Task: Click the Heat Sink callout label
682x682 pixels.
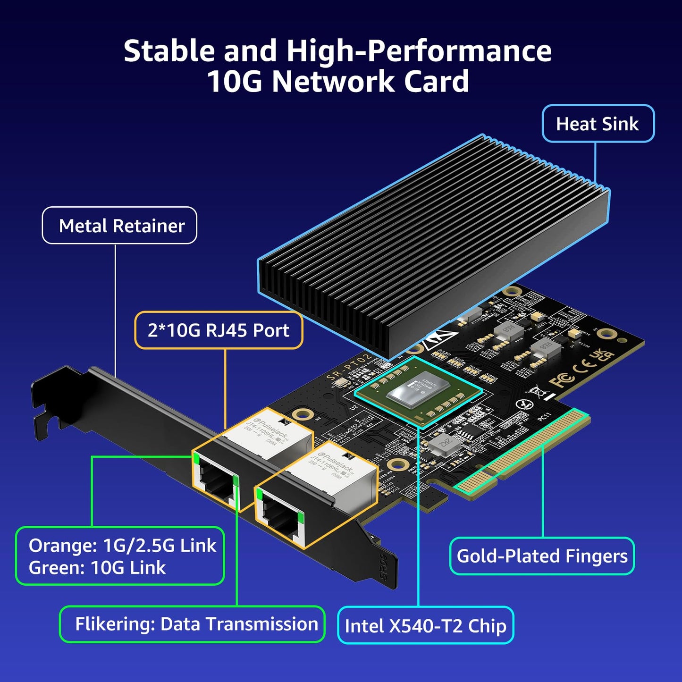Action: coord(598,124)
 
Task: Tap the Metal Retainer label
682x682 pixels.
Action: coord(121,226)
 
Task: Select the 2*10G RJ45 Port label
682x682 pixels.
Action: coord(218,330)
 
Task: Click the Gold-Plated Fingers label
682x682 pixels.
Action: coord(542,556)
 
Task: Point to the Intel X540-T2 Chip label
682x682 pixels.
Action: coord(425,626)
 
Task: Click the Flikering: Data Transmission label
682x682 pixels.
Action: coord(196,624)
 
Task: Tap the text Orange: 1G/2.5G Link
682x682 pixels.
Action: coord(122,546)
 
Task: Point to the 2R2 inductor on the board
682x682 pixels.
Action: coord(444,443)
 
